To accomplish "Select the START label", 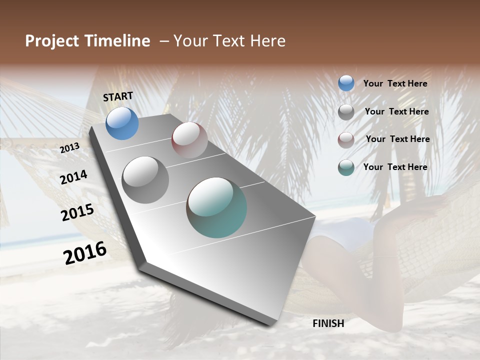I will tap(118, 96).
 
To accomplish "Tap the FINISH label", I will tap(328, 323).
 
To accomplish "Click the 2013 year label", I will tap(69, 148).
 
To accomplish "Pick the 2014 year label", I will tap(73, 177).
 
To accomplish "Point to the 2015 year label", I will tap(77, 212).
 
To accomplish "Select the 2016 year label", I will tap(85, 252).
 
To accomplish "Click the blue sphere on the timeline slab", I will tap(122, 123).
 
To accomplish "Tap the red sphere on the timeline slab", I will tap(189, 139).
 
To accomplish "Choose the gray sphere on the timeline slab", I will tap(145, 179).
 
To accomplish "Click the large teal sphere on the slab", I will tap(216, 207).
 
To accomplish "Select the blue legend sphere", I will tap(346, 83).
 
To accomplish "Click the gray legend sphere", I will tap(346, 112).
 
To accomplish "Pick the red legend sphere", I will tap(346, 140).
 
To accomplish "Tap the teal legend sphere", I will tap(346, 168).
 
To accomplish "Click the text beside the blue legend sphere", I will tap(395, 84).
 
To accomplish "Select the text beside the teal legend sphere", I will tap(395, 167).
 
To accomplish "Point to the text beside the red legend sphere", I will tap(397, 139).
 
